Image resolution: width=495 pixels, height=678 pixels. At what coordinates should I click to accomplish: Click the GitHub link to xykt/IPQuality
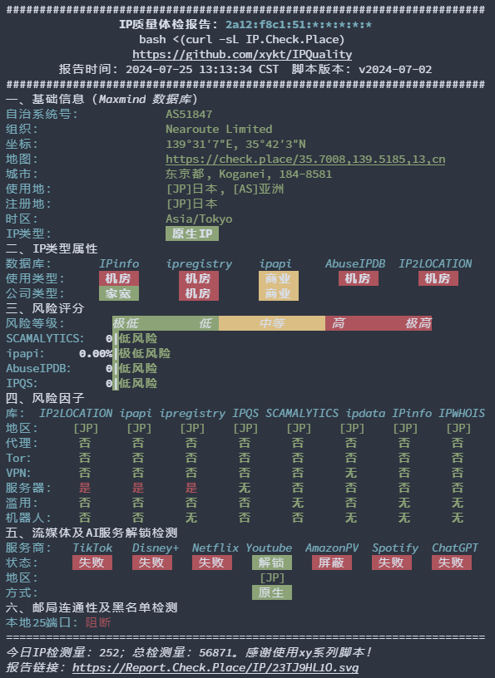[x=242, y=55]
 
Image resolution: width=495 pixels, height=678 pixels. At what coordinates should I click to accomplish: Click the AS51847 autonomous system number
[x=189, y=114]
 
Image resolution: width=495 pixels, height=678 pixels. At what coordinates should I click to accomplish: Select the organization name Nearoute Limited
[x=219, y=130]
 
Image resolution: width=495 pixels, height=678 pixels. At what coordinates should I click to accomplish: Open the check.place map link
[x=305, y=160]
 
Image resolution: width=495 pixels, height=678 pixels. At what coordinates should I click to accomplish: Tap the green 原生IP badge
[x=192, y=233]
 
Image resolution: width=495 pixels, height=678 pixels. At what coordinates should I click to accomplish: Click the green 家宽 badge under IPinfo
[x=119, y=293]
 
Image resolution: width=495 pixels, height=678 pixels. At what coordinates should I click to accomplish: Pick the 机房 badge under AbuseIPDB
[x=359, y=278]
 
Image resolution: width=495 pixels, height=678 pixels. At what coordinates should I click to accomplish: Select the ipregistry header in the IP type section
[x=199, y=263]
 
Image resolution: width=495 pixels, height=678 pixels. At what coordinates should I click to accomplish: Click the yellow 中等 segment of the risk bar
[x=272, y=323]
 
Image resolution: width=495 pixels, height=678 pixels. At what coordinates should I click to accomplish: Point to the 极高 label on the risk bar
[x=418, y=323]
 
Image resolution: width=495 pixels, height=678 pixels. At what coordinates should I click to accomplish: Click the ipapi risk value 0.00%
[x=96, y=354]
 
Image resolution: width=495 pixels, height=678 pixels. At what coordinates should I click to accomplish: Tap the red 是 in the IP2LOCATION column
[x=85, y=488]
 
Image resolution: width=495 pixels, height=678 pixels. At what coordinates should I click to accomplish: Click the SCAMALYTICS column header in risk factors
[x=302, y=414]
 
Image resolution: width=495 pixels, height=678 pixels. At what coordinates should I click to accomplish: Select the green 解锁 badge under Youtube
[x=271, y=563]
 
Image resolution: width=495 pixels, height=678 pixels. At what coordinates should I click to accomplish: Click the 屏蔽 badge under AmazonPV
[x=332, y=563]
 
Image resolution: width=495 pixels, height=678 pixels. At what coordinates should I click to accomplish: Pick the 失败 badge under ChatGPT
[x=451, y=563]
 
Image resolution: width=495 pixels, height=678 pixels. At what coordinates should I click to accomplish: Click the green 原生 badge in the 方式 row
[x=271, y=592]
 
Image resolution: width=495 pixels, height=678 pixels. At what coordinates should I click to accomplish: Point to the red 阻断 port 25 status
[x=98, y=622]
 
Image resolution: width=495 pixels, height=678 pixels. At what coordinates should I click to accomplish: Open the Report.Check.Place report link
[x=215, y=668]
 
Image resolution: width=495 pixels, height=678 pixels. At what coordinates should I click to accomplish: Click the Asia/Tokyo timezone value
[x=199, y=219]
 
